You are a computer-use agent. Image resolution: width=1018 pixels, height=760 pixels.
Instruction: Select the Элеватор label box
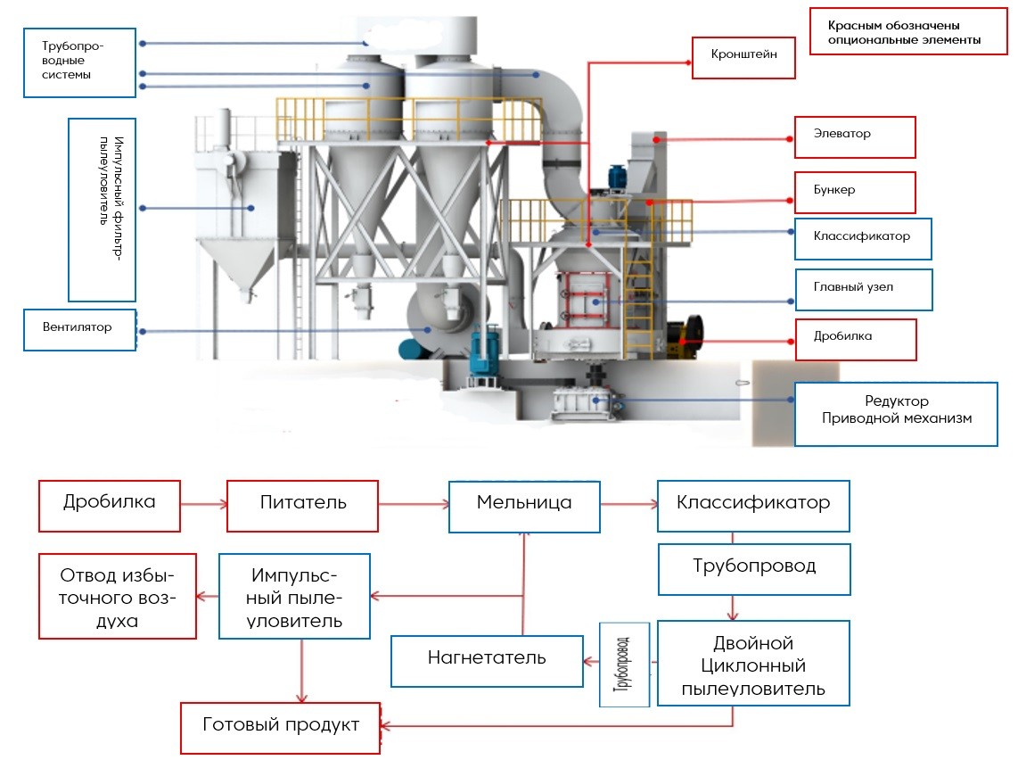[x=855, y=137]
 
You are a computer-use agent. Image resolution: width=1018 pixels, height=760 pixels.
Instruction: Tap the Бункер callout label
[x=855, y=192]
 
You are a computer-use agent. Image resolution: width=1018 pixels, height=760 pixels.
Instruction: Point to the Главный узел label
[x=863, y=289]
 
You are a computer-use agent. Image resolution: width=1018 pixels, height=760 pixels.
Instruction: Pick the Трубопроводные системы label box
[x=78, y=61]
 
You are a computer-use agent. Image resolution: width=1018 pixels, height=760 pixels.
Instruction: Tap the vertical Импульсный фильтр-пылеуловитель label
[x=103, y=209]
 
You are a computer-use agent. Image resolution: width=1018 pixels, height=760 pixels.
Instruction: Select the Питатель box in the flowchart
[x=303, y=505]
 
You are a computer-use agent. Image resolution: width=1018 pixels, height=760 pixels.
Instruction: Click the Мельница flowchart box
[x=523, y=505]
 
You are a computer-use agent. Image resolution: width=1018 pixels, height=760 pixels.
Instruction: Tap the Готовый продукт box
[x=280, y=727]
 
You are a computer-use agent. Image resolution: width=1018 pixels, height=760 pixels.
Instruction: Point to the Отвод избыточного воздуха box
[x=117, y=596]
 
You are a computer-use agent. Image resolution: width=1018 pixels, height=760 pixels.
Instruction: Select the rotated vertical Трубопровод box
[x=624, y=664]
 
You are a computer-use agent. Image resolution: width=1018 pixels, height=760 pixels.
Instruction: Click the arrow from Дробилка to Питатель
[x=203, y=506]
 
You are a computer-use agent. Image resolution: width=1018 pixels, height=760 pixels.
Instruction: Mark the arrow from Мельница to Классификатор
[x=628, y=506]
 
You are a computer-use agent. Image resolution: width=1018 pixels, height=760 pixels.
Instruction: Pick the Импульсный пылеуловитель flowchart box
[x=295, y=596]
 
